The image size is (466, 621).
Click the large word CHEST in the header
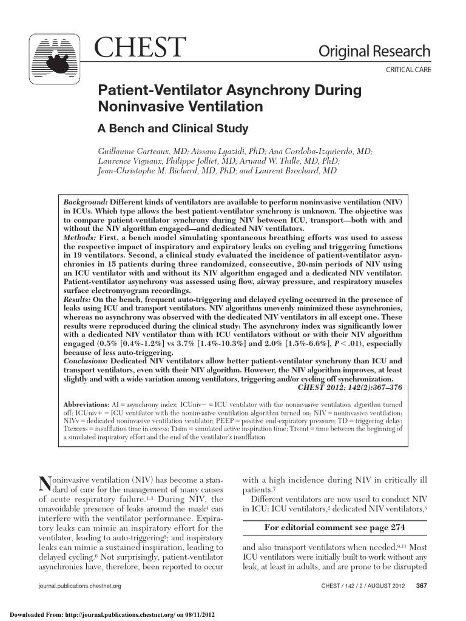[140, 49]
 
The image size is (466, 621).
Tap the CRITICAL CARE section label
[408, 70]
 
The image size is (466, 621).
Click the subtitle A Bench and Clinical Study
[173, 129]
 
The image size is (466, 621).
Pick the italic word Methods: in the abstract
[80, 238]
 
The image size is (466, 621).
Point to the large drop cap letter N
[44, 483]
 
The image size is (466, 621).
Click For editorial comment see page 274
[335, 527]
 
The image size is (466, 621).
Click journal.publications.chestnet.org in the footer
[79, 586]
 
